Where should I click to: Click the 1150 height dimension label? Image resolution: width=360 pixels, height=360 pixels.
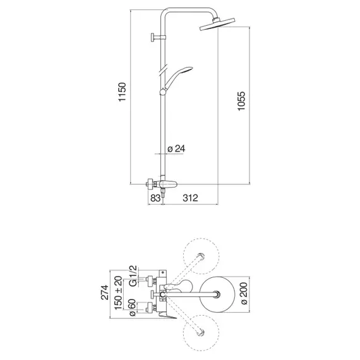point(122,92)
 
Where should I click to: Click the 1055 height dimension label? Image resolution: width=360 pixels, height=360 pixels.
point(241,101)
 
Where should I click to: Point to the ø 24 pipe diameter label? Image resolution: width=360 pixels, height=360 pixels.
point(176,149)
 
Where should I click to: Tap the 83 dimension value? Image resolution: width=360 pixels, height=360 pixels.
point(155,198)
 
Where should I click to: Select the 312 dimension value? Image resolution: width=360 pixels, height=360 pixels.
point(190,198)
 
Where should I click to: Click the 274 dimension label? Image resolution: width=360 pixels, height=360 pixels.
point(105,292)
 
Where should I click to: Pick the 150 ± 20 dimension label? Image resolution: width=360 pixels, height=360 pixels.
point(119,292)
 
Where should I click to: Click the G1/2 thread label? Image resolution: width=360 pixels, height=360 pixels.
point(133,276)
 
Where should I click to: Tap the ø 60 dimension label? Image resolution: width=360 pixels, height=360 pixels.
point(133,308)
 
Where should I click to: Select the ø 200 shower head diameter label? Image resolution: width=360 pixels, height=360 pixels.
point(244,294)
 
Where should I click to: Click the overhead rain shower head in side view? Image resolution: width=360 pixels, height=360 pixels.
point(217,24)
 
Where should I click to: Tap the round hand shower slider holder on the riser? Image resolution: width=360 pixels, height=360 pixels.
point(162,92)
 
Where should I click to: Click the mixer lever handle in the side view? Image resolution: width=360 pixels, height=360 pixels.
point(169,184)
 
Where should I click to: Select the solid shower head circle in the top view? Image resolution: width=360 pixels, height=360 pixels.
point(217,294)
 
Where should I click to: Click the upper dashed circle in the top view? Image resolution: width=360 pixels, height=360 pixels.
point(201,238)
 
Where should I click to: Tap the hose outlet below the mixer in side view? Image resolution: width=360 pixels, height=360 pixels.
point(163,193)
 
